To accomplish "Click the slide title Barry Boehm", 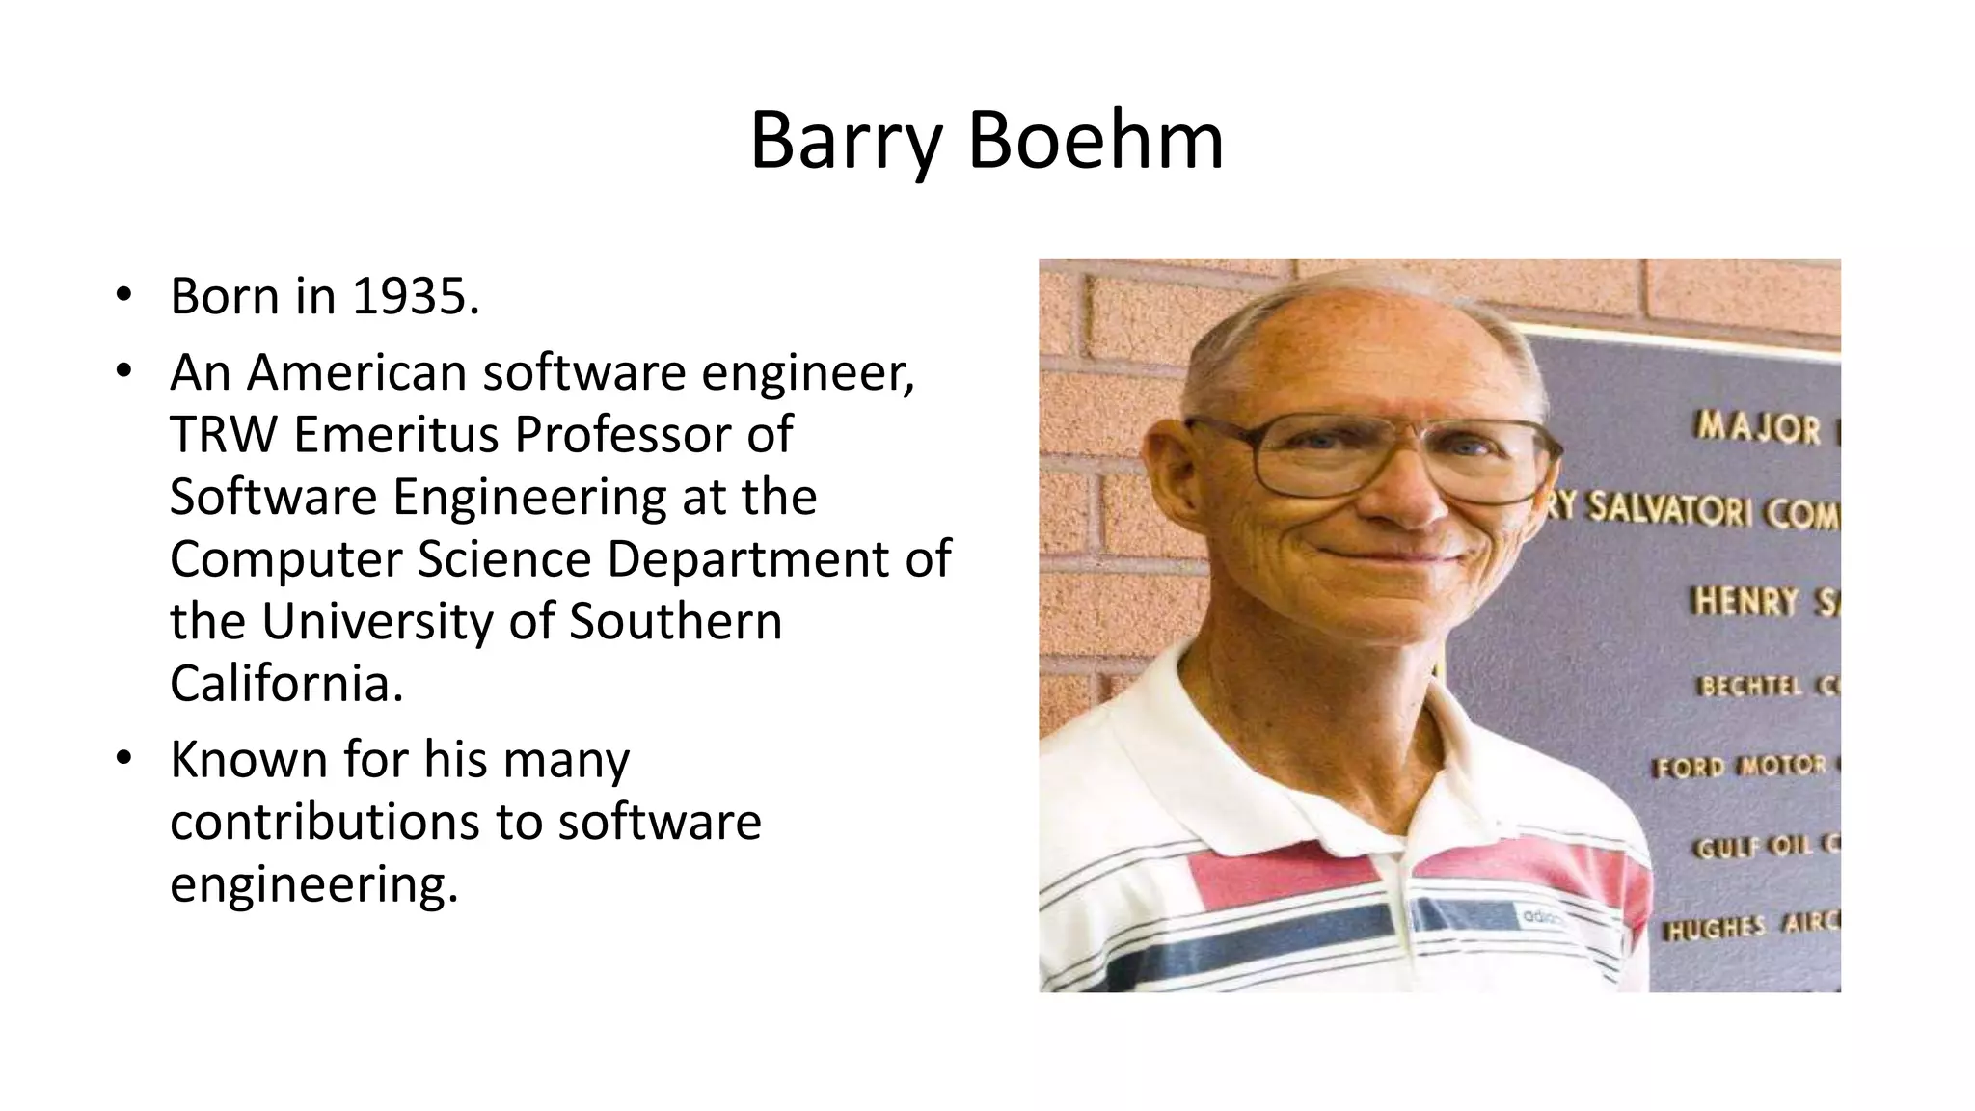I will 987,141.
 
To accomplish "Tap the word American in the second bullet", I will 356,372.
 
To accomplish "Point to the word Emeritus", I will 396,435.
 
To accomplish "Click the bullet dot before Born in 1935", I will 122,295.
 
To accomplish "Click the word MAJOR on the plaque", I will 1758,428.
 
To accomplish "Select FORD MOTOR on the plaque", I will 1741,767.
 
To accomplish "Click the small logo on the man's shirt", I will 1542,919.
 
